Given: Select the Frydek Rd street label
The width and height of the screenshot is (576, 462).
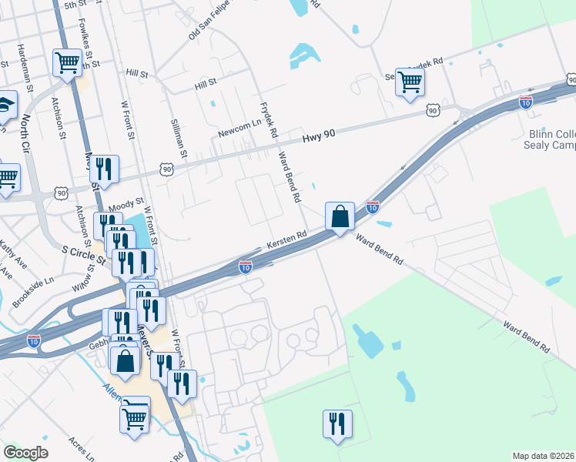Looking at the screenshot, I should [270, 119].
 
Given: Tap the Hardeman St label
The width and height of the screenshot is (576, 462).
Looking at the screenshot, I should [29, 78].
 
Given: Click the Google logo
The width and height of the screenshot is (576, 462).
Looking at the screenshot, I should [25, 452].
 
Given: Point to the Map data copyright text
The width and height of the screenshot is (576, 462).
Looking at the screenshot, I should [544, 456].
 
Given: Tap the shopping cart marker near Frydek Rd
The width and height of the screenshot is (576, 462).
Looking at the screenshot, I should [410, 82].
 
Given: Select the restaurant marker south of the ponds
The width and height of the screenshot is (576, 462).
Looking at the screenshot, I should [337, 424].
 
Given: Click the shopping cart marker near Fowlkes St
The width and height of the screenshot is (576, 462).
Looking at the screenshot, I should [68, 63].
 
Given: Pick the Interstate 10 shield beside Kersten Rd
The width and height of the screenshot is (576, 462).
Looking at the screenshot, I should [246, 267].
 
